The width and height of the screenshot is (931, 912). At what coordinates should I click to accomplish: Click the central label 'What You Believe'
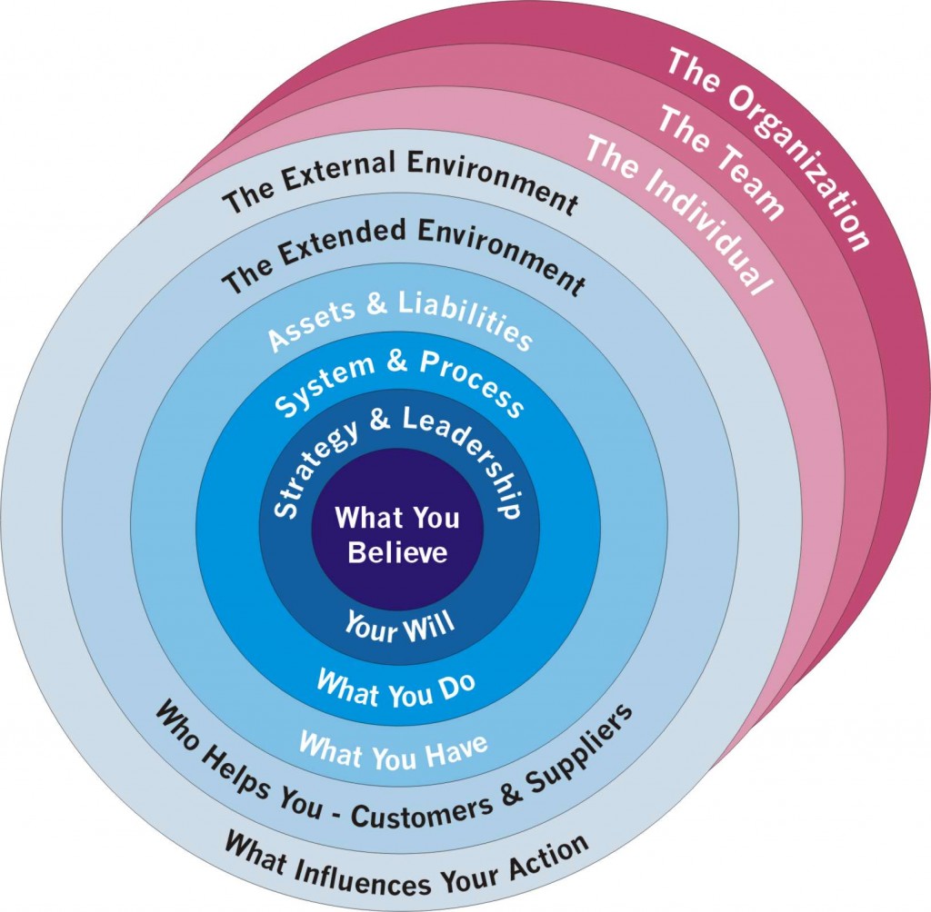397,535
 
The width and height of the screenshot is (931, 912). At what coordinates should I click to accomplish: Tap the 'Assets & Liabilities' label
400,321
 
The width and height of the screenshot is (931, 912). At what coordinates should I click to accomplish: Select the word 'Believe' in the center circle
397,551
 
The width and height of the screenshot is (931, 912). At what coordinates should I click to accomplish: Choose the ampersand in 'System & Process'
397,365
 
